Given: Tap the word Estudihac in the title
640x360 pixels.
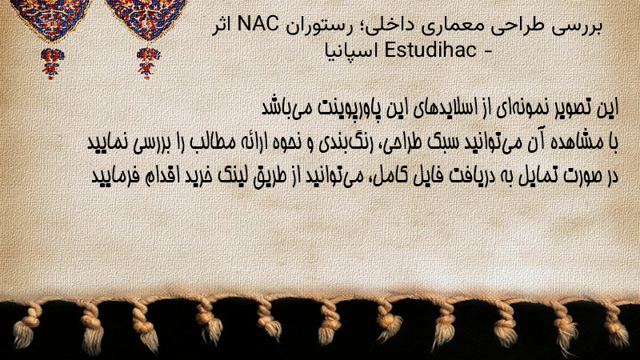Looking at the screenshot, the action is [x=430, y=50].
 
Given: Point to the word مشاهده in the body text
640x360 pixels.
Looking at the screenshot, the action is [x=577, y=142].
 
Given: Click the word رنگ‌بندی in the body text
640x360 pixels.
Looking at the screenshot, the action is [x=342, y=142].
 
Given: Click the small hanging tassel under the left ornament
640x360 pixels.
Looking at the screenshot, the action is [x=52, y=63].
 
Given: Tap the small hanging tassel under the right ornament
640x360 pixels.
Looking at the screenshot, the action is [x=148, y=63].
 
